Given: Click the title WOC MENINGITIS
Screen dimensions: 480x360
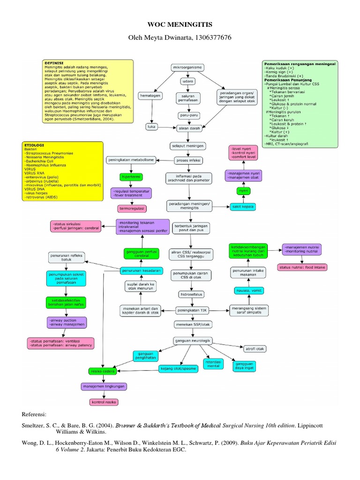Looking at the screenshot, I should (x=180, y=23).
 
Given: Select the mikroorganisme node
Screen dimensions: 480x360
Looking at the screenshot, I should (x=187, y=67).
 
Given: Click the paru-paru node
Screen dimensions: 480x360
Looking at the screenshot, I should (x=187, y=114).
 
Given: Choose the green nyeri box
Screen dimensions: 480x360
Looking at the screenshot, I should (x=243, y=192).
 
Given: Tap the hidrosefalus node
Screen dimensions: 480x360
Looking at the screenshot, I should (x=189, y=294).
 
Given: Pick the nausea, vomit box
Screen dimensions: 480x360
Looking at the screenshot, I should (x=248, y=291).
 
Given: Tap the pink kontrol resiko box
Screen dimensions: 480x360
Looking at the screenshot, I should (x=104, y=402).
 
